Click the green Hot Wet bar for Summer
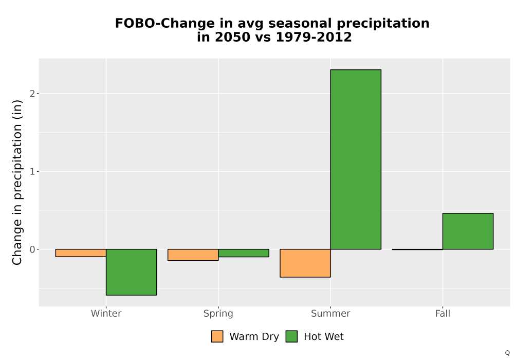[356, 159]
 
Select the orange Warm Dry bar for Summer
[305, 263]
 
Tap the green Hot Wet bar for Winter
[132, 272]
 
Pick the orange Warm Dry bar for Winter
[81, 253]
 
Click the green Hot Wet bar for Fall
[468, 231]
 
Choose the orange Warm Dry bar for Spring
[193, 255]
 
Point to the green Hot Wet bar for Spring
[244, 253]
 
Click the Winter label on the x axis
[106, 313]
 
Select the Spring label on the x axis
[218, 314]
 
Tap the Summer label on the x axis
[331, 313]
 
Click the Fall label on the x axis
[443, 313]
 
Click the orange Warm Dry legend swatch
[217, 336]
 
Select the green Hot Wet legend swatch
[291, 336]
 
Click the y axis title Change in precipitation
[17, 182]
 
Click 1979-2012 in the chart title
[314, 37]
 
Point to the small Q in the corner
[507, 353]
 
